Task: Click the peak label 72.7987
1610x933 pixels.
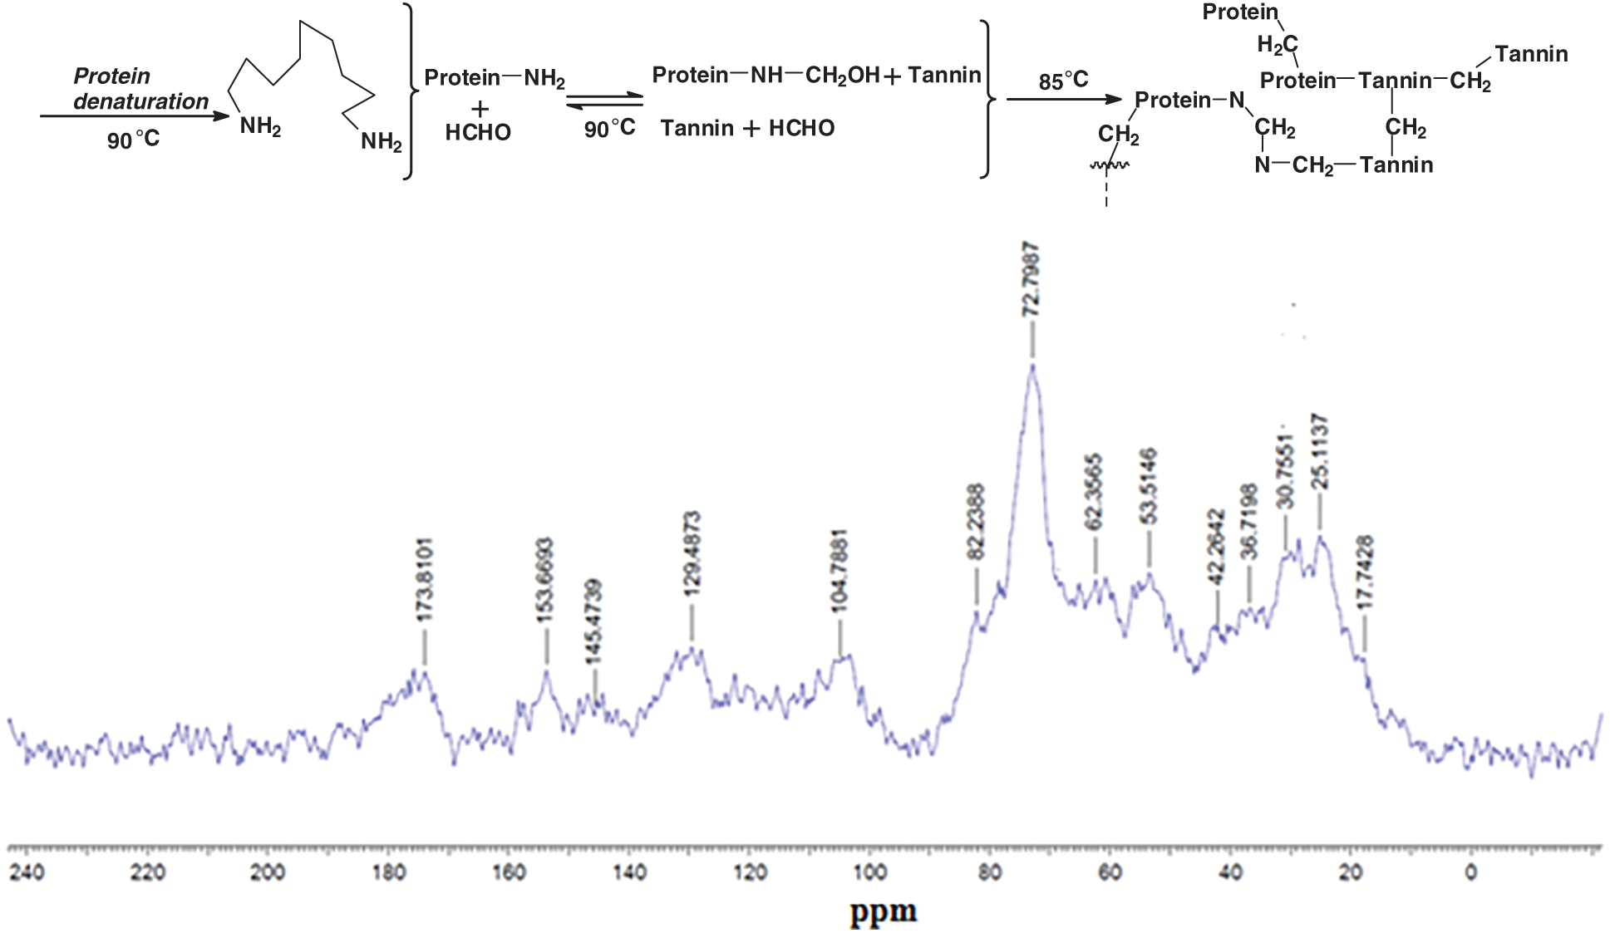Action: [1031, 280]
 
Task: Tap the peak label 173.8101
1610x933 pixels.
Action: [425, 579]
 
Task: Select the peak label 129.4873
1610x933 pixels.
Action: [692, 553]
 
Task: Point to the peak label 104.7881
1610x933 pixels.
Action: [839, 572]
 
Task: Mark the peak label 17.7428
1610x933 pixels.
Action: [1365, 574]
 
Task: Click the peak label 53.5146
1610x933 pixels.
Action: [1149, 486]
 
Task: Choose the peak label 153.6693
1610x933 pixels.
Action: [545, 581]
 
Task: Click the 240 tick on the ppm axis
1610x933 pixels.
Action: [27, 873]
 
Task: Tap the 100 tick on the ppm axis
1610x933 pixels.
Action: [870, 873]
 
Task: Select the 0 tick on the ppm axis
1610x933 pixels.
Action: [1470, 873]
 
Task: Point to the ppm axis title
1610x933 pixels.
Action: [883, 911]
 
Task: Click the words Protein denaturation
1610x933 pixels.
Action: [140, 89]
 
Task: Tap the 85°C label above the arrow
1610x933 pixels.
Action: [1063, 81]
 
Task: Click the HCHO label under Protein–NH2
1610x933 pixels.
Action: [478, 132]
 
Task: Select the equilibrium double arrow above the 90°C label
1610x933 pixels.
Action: [604, 100]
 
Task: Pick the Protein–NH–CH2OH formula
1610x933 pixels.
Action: [766, 76]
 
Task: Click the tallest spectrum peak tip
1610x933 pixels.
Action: [1032, 366]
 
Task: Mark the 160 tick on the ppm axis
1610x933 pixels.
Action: [509, 873]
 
